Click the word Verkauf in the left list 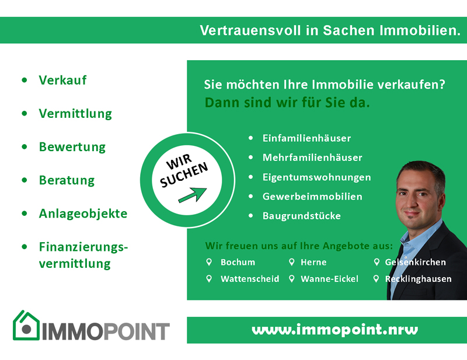click(x=62, y=80)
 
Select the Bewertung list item click(x=72, y=147)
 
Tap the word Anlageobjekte click(x=83, y=214)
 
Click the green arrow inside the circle click(x=193, y=195)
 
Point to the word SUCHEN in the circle click(x=184, y=175)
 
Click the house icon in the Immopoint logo click(x=26, y=325)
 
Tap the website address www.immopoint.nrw click(x=334, y=330)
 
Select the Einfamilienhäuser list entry click(x=306, y=138)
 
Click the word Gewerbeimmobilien click(x=312, y=197)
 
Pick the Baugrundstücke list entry click(x=301, y=215)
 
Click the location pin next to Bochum click(x=209, y=262)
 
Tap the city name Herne click(x=313, y=262)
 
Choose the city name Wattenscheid click(x=250, y=279)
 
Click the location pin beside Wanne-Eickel click(x=292, y=279)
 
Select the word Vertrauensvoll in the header click(x=250, y=30)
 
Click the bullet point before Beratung click(x=25, y=180)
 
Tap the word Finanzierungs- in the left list click(x=83, y=247)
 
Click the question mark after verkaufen click(x=442, y=84)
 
